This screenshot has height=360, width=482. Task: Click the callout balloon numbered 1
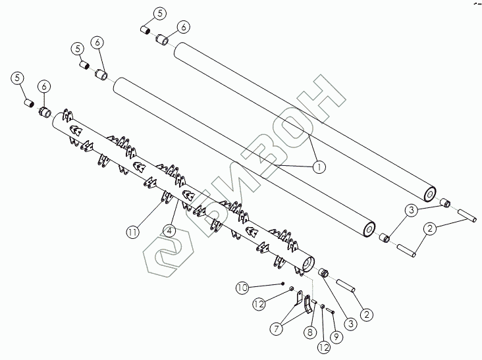(x=319, y=167)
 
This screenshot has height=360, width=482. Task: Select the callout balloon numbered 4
(x=169, y=231)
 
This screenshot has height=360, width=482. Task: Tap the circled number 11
(x=133, y=231)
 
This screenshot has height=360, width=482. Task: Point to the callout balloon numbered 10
(x=242, y=288)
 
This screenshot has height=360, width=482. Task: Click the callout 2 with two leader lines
(x=429, y=228)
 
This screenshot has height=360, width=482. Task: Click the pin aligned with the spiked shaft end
(x=346, y=287)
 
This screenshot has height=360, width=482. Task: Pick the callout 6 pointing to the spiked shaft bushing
(x=44, y=86)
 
